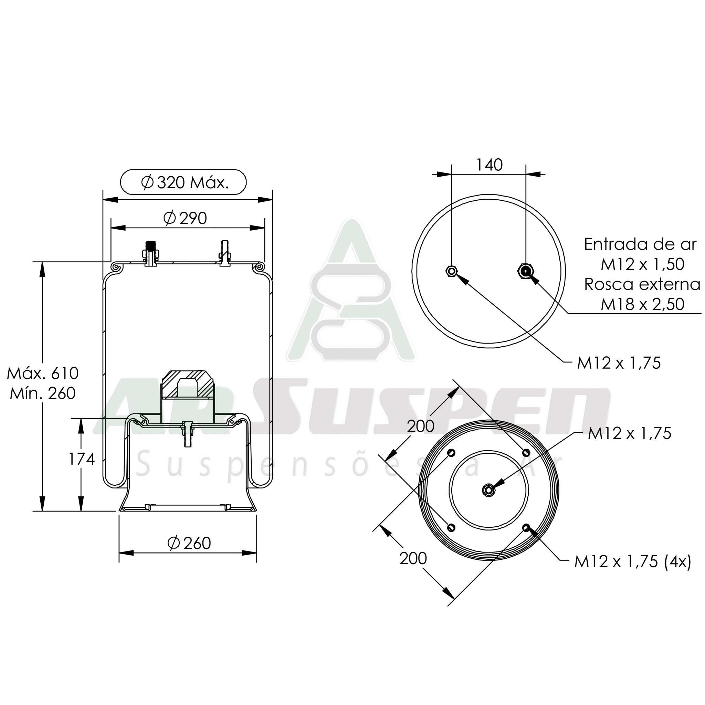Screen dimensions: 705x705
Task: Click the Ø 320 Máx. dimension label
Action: pos(185,182)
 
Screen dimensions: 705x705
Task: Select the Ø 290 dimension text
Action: pos(185,218)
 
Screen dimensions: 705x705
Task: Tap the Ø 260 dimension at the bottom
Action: pos(189,543)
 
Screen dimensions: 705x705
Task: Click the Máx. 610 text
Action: pos(43,373)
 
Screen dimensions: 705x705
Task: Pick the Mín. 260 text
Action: pos(43,393)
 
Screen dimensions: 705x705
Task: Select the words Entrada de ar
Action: pos(640,244)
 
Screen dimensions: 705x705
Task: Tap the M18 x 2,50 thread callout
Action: pos(643,304)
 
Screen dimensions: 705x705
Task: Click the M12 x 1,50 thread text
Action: pos(643,264)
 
